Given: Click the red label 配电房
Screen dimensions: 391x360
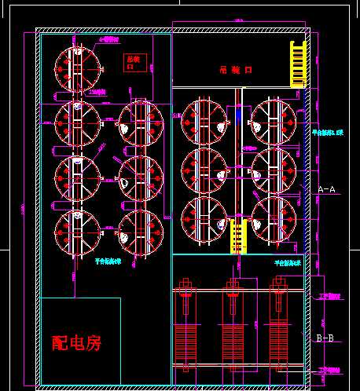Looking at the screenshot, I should (x=76, y=343).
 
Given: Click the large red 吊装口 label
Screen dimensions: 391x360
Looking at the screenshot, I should (x=235, y=70).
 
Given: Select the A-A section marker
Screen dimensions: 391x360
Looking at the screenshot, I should (x=326, y=189).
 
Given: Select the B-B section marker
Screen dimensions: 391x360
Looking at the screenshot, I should (x=325, y=338).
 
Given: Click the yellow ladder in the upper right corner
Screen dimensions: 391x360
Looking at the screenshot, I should (x=298, y=62).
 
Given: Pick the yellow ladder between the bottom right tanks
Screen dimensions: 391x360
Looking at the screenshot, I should (x=238, y=236).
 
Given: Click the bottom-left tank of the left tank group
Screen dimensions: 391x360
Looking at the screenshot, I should (x=77, y=232).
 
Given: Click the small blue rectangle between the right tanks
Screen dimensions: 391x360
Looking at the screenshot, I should (x=238, y=115).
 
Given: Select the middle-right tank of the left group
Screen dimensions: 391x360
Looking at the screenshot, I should (x=140, y=177).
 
